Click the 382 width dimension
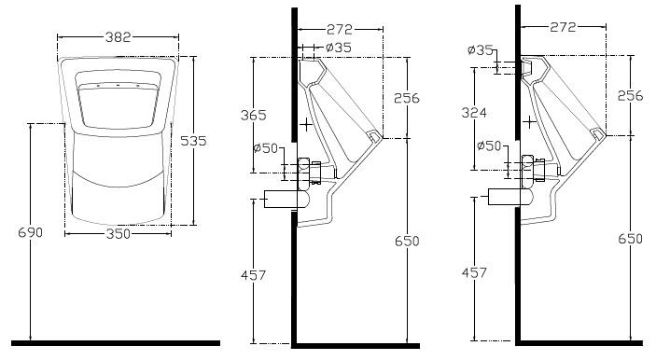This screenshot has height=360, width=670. point(118,37)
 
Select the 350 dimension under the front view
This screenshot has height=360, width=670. point(118,233)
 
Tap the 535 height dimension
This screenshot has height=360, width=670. point(193,141)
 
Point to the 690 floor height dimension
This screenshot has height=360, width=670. point(31,232)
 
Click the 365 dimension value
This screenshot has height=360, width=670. point(254,115)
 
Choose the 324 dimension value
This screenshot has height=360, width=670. point(474,112)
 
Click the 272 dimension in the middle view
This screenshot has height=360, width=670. point(340,29)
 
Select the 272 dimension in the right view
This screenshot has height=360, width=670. point(563,27)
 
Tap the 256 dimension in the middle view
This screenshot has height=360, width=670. point(407,98)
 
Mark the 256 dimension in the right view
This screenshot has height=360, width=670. point(630,96)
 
